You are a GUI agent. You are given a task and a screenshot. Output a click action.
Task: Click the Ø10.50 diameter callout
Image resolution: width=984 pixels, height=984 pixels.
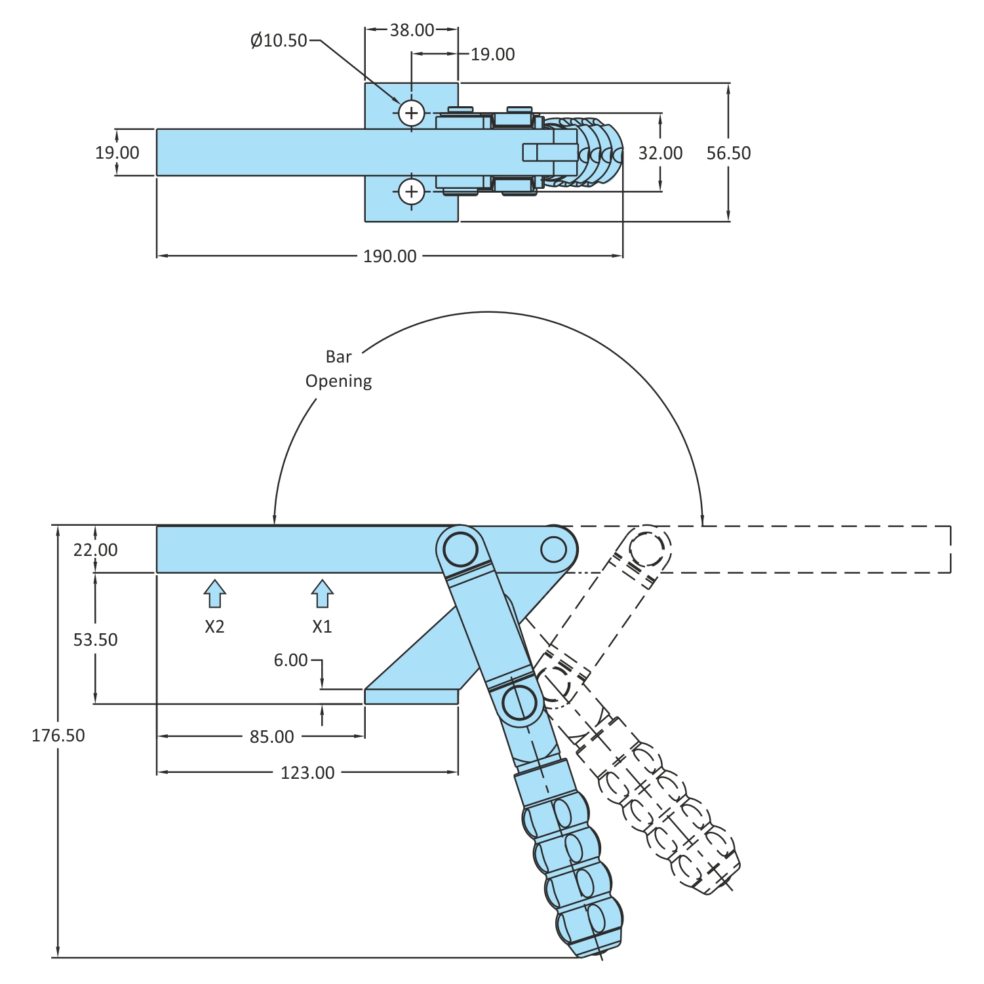(x=279, y=41)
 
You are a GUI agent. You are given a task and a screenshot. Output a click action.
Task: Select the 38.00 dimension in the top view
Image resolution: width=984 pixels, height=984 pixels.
(x=412, y=30)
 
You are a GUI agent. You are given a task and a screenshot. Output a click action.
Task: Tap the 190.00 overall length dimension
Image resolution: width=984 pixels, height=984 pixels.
(x=390, y=256)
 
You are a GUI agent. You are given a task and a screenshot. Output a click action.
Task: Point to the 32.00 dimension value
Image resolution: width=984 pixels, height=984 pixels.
(x=660, y=153)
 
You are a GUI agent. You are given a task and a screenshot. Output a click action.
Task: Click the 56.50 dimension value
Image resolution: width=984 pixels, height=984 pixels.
(x=728, y=153)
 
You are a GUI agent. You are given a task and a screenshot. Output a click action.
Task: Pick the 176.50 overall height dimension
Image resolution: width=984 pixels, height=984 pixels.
(x=58, y=736)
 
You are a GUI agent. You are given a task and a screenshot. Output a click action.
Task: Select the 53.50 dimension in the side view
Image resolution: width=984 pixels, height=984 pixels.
(x=96, y=640)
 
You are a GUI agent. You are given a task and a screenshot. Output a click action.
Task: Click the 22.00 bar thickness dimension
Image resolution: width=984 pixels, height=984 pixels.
(x=96, y=550)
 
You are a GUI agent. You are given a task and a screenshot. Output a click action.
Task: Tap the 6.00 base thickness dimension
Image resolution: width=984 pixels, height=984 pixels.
(x=290, y=660)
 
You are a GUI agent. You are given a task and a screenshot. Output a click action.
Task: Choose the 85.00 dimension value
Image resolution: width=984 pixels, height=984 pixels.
(x=272, y=737)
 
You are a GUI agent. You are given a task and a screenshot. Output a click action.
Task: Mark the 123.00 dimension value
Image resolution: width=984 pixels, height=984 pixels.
(x=307, y=773)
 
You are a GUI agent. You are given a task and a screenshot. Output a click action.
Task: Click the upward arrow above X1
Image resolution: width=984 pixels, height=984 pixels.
(x=322, y=594)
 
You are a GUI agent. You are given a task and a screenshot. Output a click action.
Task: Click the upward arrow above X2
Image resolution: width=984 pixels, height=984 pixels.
(x=214, y=594)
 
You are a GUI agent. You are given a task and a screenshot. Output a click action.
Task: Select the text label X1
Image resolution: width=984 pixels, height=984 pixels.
(x=322, y=627)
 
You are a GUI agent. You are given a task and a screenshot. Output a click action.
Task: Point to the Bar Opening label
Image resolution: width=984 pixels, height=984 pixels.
(x=339, y=369)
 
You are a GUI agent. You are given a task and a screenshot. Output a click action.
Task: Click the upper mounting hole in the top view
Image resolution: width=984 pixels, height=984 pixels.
(x=412, y=113)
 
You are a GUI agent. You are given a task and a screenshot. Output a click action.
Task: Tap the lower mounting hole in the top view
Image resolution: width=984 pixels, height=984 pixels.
(x=412, y=191)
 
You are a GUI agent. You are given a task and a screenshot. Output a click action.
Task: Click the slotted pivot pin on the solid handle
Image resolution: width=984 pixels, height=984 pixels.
(x=520, y=703)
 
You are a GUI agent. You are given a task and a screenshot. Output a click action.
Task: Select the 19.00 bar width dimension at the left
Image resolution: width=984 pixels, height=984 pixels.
(x=117, y=153)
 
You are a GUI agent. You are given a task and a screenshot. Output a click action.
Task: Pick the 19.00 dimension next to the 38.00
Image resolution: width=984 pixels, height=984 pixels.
(x=493, y=54)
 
